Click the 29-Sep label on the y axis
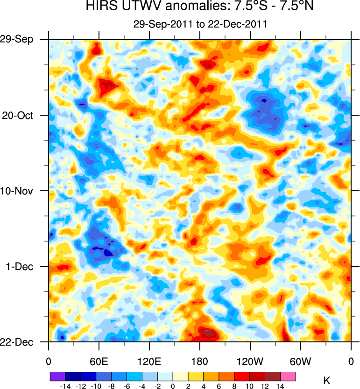coord(21,39)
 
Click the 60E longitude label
coord(99,361)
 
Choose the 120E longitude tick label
coord(149,361)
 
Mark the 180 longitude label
coord(200,361)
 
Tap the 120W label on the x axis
coord(250,361)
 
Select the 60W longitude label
coord(300,361)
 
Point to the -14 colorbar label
coord(65,386)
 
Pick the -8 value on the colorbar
coord(111,386)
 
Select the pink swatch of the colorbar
coord(289,376)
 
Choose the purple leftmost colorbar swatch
coord(57,376)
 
